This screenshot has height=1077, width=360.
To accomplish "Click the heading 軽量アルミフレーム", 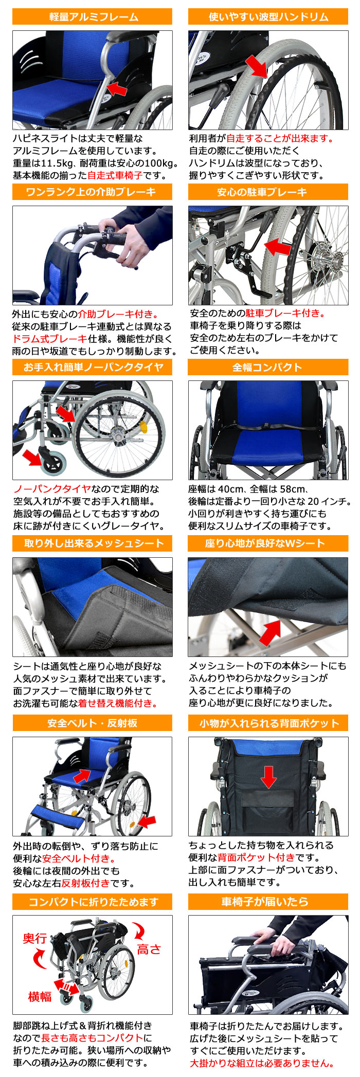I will tap(93, 17).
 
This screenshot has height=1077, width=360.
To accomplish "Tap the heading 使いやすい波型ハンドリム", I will tap(268, 17).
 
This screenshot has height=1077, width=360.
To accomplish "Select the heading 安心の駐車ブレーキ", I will tap(268, 192).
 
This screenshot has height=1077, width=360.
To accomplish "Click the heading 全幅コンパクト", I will tap(268, 368).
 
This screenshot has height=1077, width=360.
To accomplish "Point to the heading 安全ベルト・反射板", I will tap(93, 723).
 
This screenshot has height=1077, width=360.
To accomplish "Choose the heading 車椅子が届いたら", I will tap(268, 901).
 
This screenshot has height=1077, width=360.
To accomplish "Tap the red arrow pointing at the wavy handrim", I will tap(256, 67).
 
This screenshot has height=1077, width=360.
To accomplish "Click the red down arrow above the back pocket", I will tap(268, 776).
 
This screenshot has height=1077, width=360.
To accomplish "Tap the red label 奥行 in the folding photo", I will tap(35, 938).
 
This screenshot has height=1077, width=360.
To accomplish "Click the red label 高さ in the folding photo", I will tap(149, 949).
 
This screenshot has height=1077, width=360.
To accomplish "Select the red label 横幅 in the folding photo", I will tap(40, 996).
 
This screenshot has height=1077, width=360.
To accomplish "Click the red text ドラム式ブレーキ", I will tap(50, 339).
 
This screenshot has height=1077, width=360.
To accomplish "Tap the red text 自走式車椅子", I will tap(115, 175).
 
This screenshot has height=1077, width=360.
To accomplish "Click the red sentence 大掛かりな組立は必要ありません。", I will tap(262, 1063).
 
